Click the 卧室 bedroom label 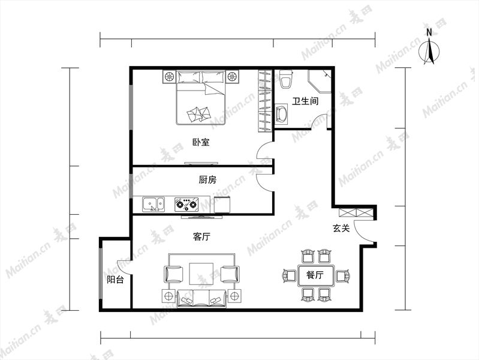201,142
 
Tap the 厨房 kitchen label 207,180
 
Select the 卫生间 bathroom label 305,101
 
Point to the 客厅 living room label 201,236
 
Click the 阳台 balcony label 115,279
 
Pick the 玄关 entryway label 341,228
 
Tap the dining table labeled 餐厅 315,275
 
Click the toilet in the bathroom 286,80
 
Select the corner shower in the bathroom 320,82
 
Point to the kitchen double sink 153,205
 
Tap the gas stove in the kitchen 186,205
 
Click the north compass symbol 429,51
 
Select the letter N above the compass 429,32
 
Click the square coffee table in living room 201,274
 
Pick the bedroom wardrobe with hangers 265,101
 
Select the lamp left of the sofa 168,296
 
